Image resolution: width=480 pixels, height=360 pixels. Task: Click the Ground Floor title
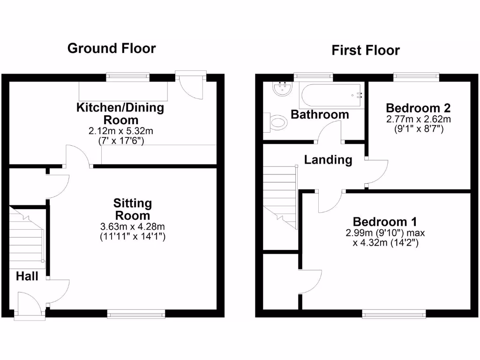(112, 48)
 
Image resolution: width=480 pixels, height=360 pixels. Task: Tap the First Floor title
(366, 50)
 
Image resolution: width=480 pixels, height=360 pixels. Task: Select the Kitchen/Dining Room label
(120, 113)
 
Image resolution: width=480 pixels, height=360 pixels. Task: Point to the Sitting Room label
(133, 210)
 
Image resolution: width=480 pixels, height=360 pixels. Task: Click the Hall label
(27, 276)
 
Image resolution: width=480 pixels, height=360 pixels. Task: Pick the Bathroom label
(320, 114)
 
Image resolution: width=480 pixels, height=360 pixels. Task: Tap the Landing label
(328, 160)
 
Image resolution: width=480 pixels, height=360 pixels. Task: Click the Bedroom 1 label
(385, 222)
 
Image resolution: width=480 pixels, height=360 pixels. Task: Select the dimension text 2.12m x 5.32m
(120, 131)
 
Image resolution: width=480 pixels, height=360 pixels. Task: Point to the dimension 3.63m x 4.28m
(133, 227)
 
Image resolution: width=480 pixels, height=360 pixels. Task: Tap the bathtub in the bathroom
(331, 96)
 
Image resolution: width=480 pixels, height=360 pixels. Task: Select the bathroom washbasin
(281, 89)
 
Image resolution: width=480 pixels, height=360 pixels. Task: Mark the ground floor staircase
(27, 237)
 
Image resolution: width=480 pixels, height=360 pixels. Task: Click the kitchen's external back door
(190, 84)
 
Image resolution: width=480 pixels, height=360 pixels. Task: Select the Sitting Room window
(136, 314)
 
